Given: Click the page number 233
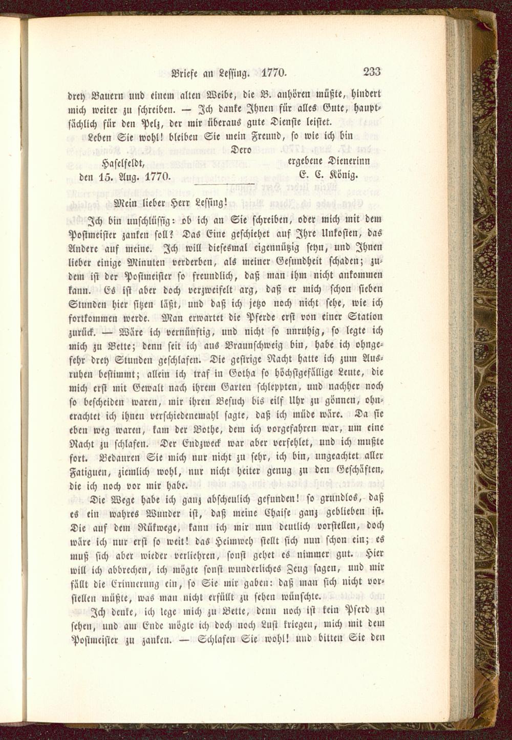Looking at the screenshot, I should click(372, 72).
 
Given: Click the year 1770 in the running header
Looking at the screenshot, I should click(274, 72).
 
